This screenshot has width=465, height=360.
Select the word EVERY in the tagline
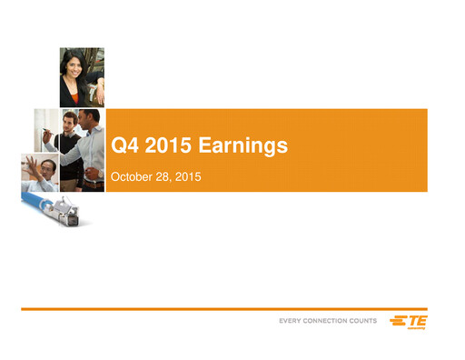tap(292, 323)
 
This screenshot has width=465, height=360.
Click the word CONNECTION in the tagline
tap(332, 323)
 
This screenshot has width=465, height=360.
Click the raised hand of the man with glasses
tap(32, 165)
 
